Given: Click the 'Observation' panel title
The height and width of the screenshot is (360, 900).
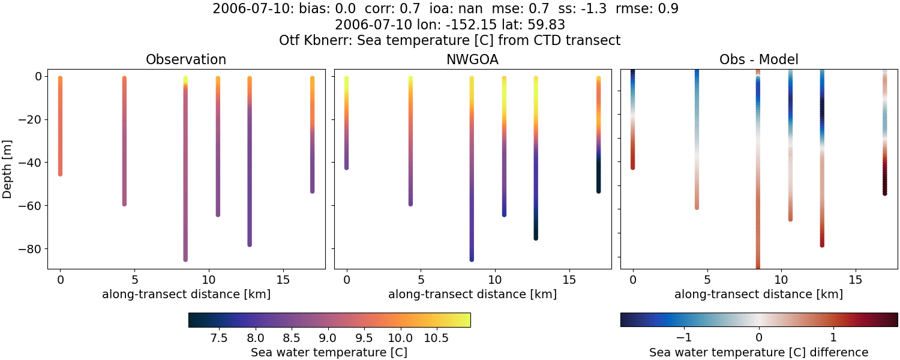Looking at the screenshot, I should tap(186, 59).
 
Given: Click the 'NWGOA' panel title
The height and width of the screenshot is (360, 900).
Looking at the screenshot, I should tap(472, 59).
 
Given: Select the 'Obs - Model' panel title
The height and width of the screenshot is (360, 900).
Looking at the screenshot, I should tap(758, 59).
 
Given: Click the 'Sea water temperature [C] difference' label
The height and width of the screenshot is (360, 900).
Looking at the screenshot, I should tap(758, 352).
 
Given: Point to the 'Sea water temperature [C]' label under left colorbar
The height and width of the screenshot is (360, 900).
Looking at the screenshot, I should tap(329, 352).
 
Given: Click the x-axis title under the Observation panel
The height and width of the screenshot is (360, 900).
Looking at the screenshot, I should tap(186, 294).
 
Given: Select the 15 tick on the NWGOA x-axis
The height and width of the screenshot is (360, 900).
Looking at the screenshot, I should tap(569, 280).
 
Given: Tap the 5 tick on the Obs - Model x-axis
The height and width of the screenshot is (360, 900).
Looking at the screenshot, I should tap(707, 280).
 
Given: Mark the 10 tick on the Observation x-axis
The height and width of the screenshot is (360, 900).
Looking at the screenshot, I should tap(208, 280).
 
